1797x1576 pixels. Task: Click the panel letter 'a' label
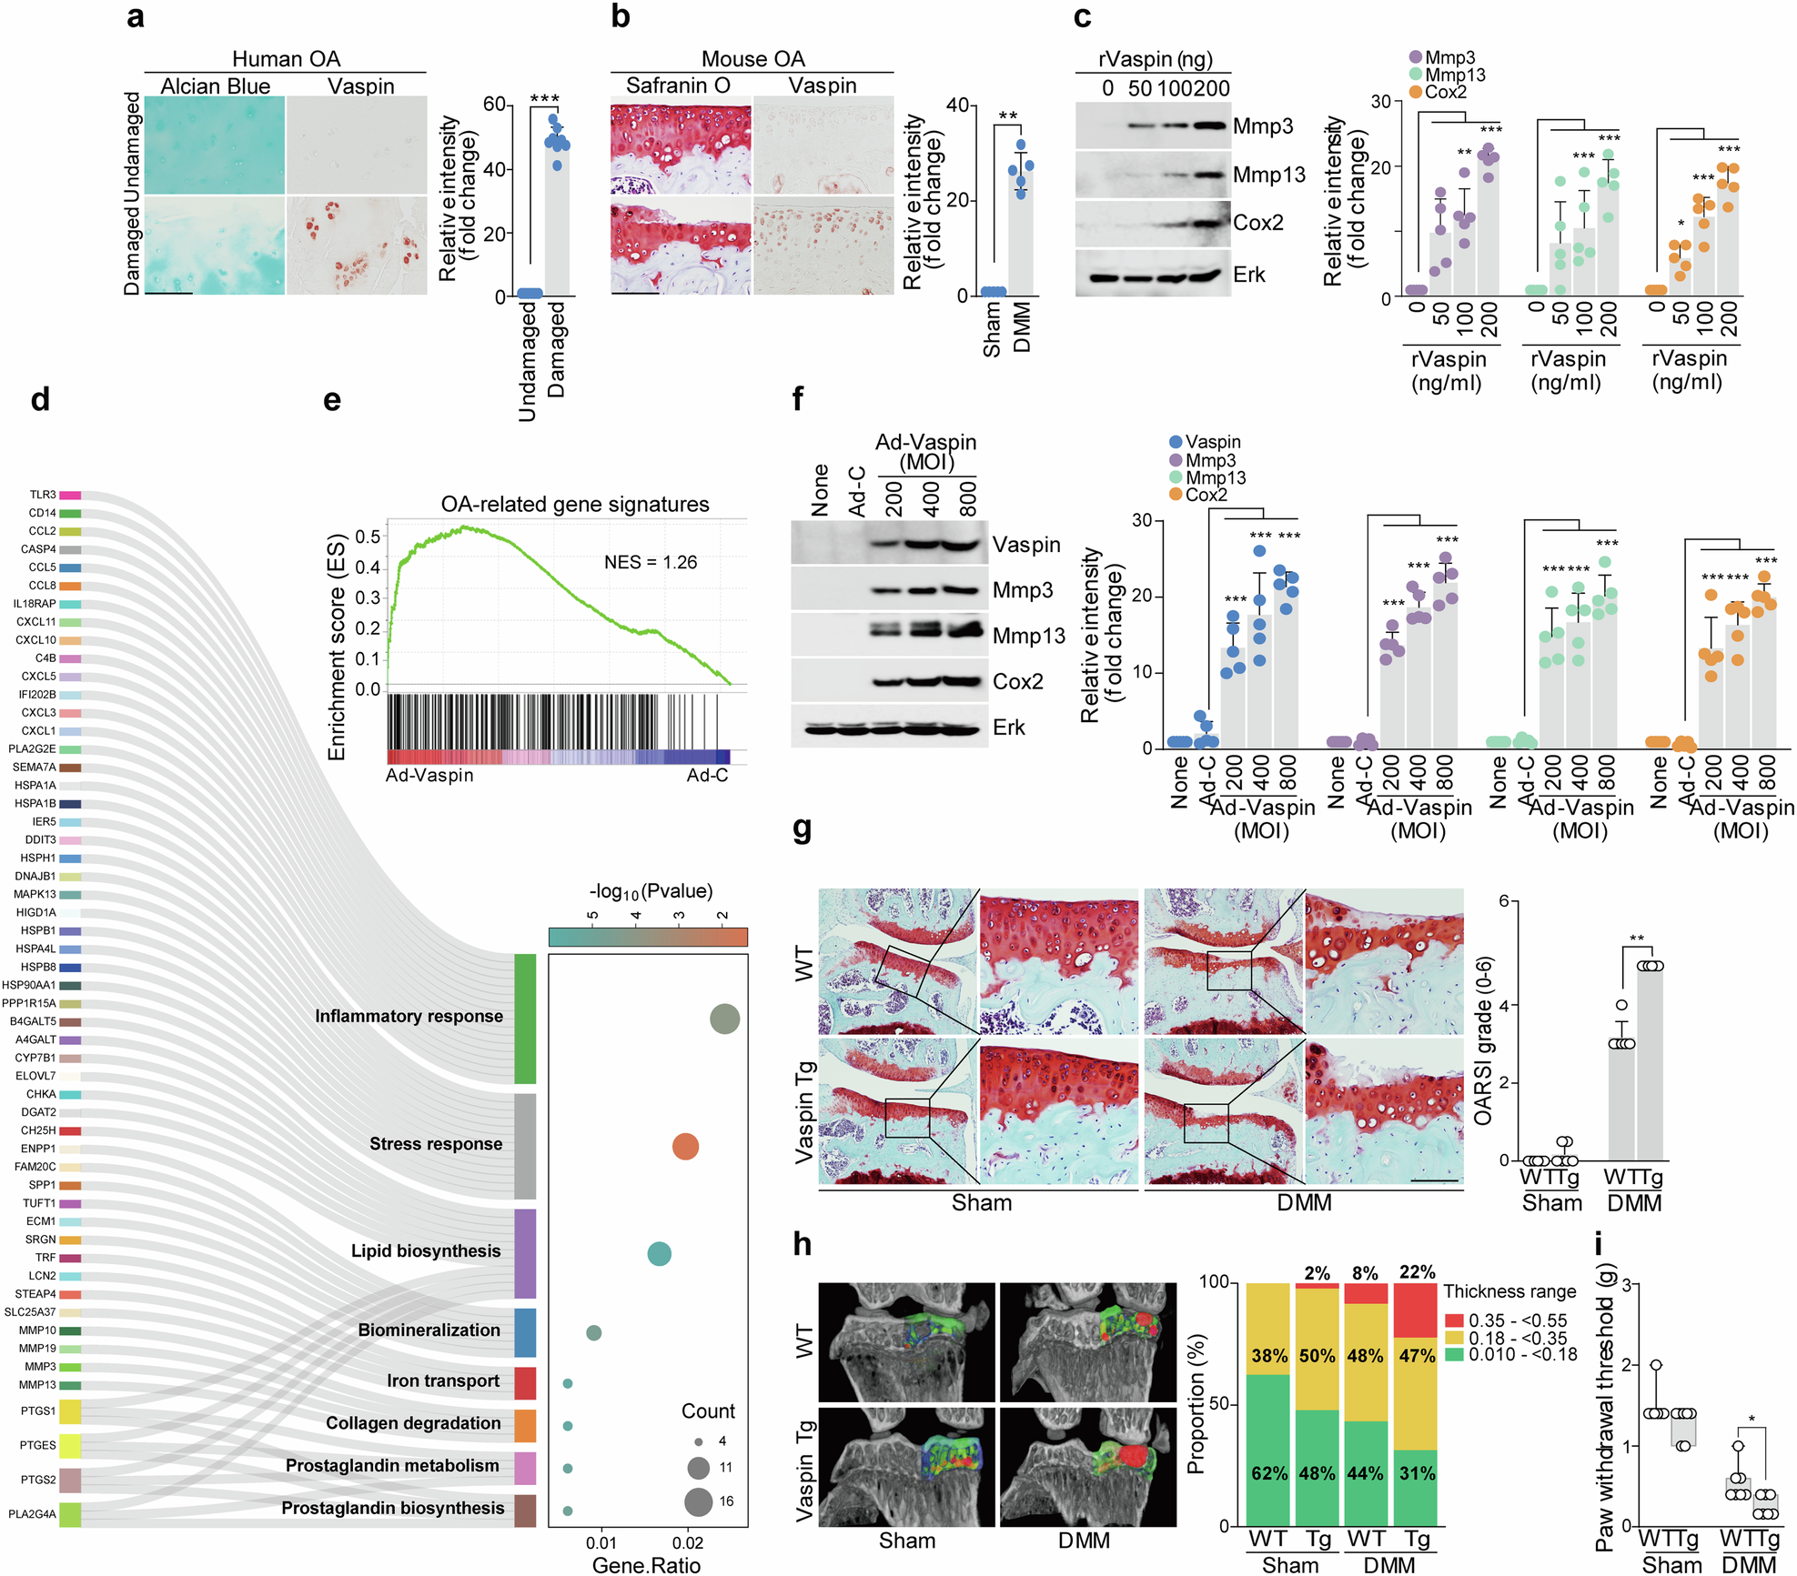[x=136, y=17]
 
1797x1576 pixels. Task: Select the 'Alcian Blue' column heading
[x=216, y=86]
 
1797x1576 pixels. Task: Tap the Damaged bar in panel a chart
[x=557, y=218]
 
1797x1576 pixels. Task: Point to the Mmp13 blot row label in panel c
[x=1268, y=175]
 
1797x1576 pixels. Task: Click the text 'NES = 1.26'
[x=651, y=562]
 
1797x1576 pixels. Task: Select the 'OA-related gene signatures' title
[x=575, y=504]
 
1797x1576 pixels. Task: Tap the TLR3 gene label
[x=43, y=495]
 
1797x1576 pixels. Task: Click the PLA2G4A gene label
[x=33, y=1514]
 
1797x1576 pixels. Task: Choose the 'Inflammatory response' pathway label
[x=409, y=1016]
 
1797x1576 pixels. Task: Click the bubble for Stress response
[x=685, y=1147]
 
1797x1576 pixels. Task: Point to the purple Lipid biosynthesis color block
[x=525, y=1252]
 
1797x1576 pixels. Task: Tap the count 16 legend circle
[x=699, y=1501]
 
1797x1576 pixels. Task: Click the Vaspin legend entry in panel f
[x=1212, y=442]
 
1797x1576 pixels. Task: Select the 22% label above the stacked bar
[x=1417, y=1271]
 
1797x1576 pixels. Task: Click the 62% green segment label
[x=1268, y=1473]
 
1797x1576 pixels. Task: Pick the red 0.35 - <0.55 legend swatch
[x=1454, y=1320]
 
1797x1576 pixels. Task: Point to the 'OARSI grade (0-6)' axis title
[x=1483, y=1040]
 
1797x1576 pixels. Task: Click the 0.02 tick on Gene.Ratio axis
[x=688, y=1542]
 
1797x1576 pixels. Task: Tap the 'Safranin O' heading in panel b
[x=678, y=85]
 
